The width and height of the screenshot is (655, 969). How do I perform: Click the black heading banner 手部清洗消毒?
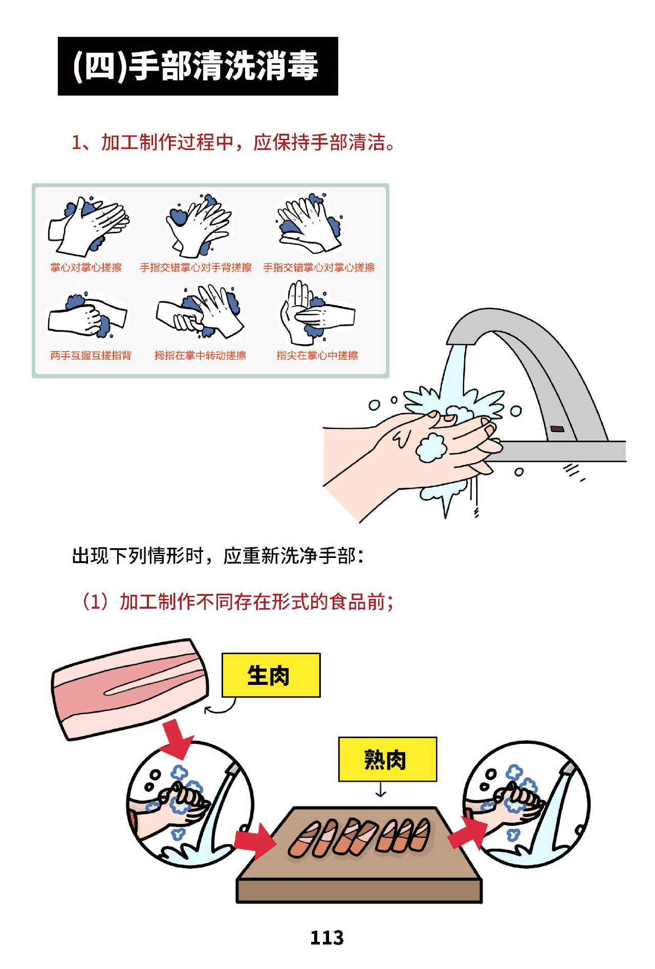click(198, 66)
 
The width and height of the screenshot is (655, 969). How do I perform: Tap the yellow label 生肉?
click(271, 675)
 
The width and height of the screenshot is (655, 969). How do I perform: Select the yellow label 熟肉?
click(387, 759)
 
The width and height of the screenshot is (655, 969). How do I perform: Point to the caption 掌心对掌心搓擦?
click(86, 268)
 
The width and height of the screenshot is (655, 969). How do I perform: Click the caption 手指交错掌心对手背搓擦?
click(195, 268)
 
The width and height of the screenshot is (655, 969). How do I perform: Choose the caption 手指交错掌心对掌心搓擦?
click(319, 268)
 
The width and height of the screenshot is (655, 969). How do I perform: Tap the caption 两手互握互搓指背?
click(91, 355)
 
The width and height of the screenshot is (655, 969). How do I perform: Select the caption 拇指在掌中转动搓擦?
click(200, 355)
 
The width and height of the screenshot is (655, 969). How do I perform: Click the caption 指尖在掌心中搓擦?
click(317, 355)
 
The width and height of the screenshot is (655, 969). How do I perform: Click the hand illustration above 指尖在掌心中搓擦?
click(315, 314)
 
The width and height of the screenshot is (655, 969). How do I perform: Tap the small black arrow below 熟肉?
click(381, 791)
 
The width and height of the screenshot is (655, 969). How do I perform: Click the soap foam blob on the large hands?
click(431, 447)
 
